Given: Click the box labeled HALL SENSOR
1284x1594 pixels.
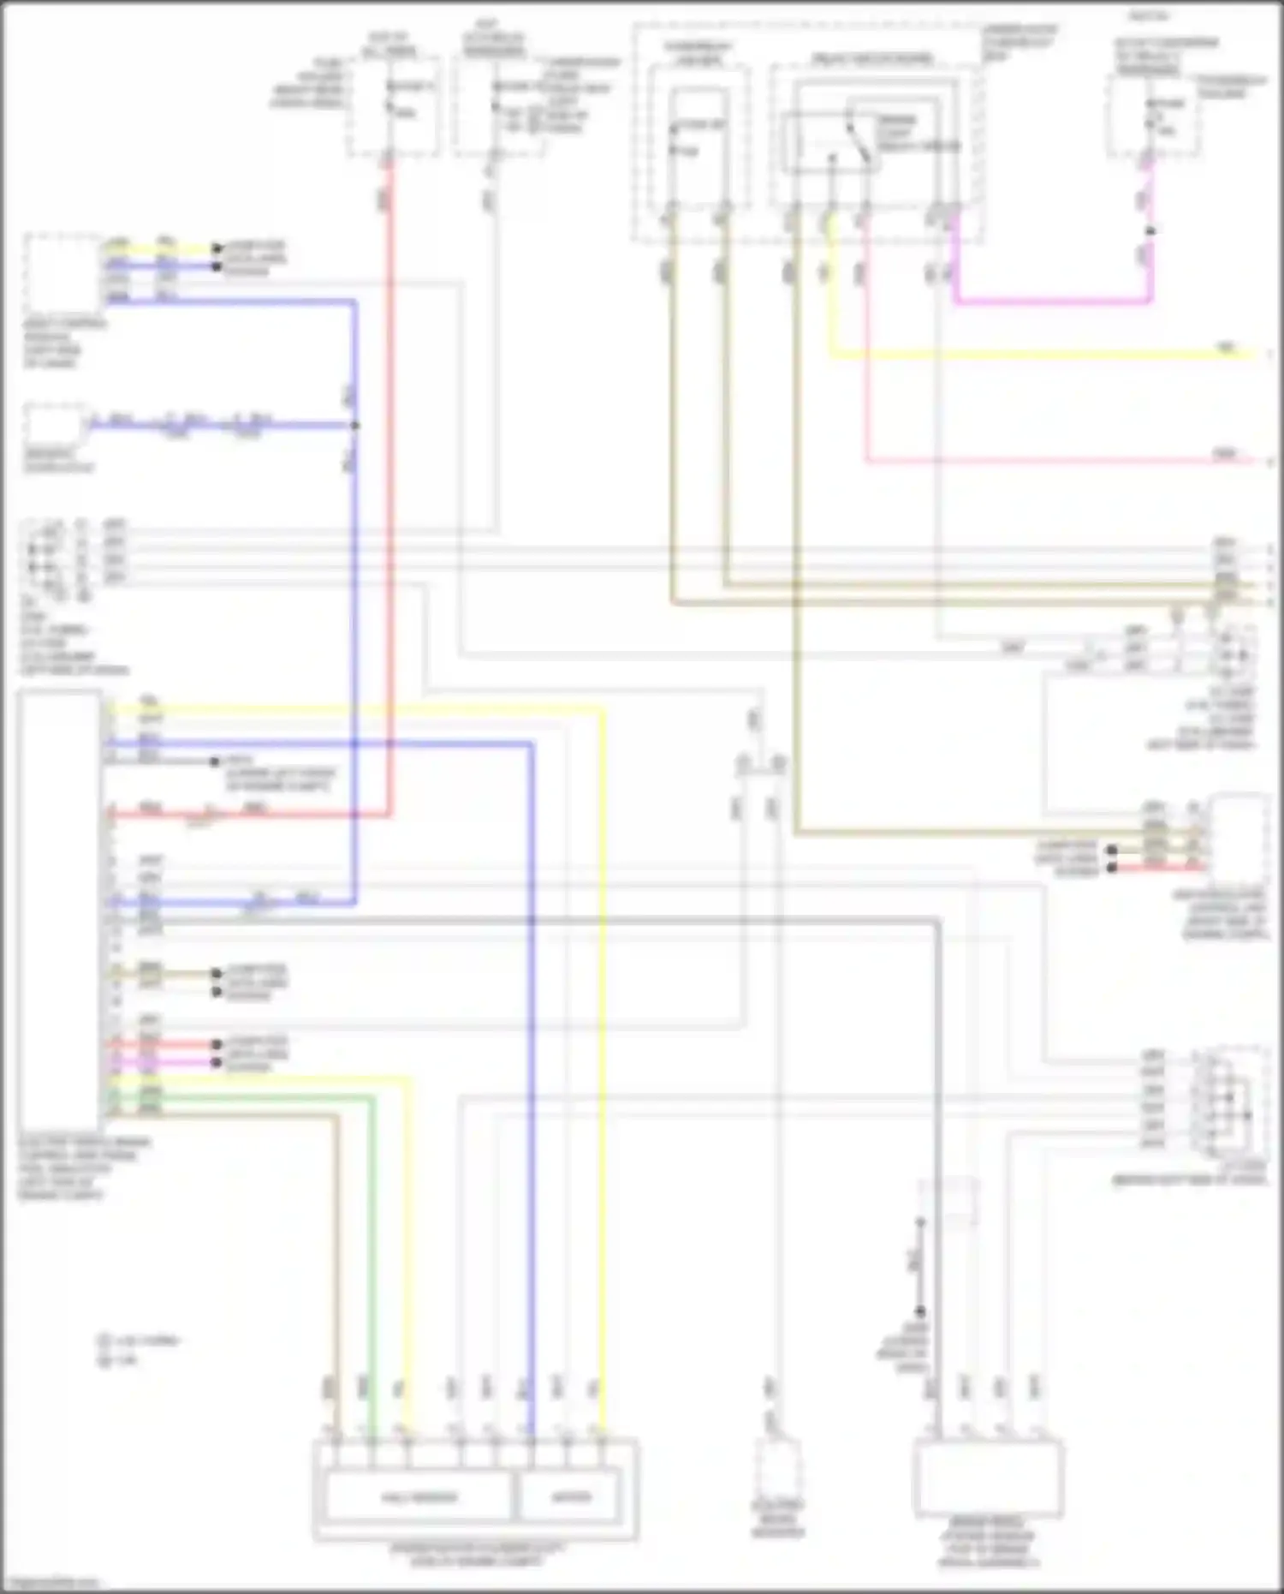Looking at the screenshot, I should (419, 1497).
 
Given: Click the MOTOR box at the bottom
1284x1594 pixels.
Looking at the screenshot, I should (570, 1497).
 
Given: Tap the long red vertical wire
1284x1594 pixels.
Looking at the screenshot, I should (390, 514).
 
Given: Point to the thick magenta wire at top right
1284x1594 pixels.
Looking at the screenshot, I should (1053, 301).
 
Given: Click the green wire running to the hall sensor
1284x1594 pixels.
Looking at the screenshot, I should (372, 1242).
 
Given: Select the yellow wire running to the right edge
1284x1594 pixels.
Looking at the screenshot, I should (1027, 354).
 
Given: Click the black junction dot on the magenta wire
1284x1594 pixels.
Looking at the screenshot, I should (1150, 230).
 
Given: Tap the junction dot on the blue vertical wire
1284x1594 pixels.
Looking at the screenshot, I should (354, 426).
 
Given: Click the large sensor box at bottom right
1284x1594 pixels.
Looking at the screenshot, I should (989, 1480).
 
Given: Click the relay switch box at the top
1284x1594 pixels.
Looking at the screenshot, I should (830, 141).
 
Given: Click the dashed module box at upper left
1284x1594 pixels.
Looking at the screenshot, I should (63, 272).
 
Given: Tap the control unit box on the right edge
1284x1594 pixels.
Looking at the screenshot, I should (1237, 839).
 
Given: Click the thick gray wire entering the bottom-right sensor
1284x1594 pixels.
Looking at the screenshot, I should (939, 1199).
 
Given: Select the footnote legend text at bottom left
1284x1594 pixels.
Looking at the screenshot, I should (137, 1349).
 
